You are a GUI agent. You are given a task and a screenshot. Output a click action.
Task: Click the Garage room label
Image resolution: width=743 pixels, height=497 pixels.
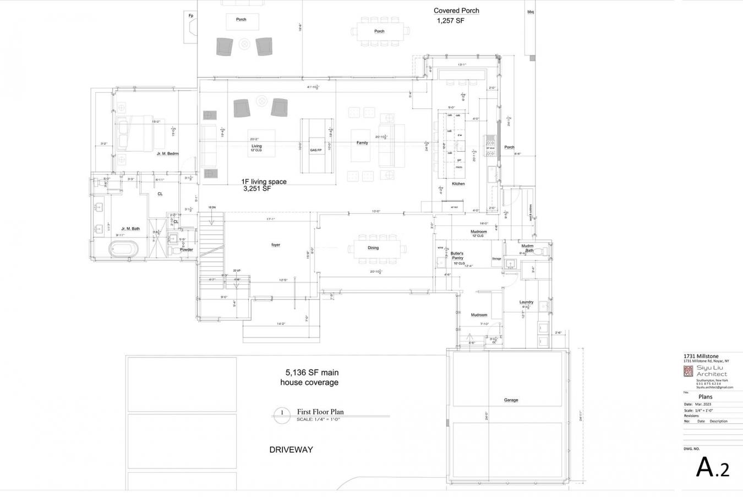tap(511, 400)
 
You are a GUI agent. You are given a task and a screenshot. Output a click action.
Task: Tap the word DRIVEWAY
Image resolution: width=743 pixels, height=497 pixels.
tap(291, 450)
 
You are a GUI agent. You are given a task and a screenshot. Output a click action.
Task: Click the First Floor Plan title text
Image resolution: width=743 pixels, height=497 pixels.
tap(320, 412)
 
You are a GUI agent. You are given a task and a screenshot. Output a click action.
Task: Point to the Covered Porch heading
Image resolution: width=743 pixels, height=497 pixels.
tap(456, 10)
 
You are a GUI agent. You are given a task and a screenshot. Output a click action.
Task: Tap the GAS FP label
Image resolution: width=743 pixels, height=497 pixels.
tap(315, 150)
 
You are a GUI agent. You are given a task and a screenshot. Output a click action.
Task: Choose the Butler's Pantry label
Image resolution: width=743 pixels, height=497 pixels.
tap(457, 256)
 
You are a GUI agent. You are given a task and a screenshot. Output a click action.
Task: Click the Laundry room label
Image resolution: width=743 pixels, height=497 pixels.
tap(526, 302)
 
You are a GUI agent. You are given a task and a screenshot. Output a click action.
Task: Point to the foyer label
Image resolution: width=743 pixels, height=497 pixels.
tap(276, 245)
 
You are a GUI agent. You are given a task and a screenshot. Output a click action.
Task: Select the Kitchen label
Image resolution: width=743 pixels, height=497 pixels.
tap(458, 184)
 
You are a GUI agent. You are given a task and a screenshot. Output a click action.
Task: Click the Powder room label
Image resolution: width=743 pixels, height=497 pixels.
tap(186, 250)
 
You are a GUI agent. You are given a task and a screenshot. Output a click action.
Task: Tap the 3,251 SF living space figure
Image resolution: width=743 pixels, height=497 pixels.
tap(258, 189)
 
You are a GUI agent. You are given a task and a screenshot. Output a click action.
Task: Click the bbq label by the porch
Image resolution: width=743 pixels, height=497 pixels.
tap(531, 12)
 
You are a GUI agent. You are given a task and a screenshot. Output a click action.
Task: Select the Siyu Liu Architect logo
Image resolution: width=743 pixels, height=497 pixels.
tap(688, 372)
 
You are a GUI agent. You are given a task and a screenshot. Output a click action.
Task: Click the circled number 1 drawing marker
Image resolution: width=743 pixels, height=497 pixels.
tap(282, 413)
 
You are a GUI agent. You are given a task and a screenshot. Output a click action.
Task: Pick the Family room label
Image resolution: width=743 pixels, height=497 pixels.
tap(362, 143)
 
